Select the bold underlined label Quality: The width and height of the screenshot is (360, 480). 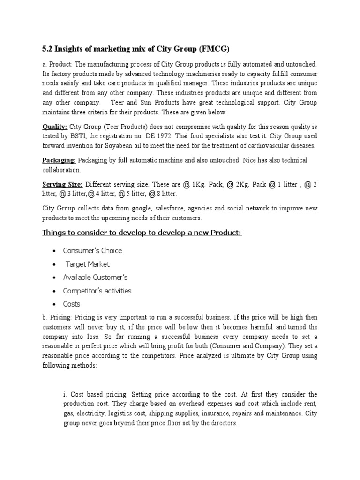pyautogui.click(x=55, y=127)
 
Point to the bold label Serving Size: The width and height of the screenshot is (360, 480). pyautogui.click(x=62, y=184)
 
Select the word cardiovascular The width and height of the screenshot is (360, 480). pyautogui.click(x=264, y=146)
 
